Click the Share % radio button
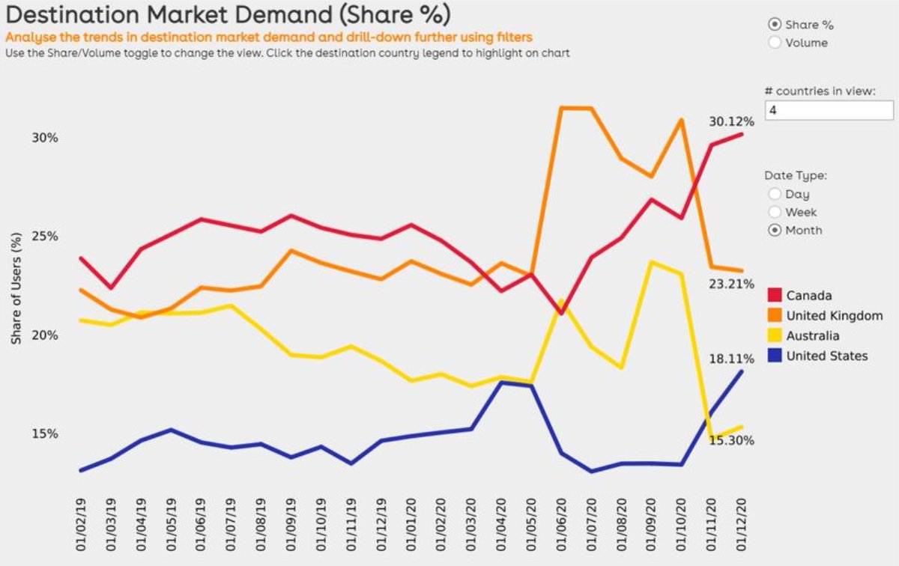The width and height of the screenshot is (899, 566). click(x=775, y=25)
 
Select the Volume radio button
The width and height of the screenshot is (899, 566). click(x=775, y=43)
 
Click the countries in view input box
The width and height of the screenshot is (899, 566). click(x=829, y=110)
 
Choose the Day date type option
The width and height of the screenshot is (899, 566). click(x=775, y=194)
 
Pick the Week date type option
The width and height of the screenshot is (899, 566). click(x=775, y=212)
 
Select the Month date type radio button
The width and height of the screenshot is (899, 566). click(x=775, y=230)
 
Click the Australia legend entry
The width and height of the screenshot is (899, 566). click(x=812, y=336)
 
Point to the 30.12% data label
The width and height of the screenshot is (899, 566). click(x=731, y=121)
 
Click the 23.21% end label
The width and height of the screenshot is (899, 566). click(x=731, y=284)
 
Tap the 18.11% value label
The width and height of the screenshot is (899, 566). click(x=731, y=359)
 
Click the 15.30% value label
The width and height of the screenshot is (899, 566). click(x=731, y=440)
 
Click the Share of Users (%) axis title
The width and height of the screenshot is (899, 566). click(x=16, y=288)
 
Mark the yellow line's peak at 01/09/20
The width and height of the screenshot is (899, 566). click(x=653, y=262)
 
